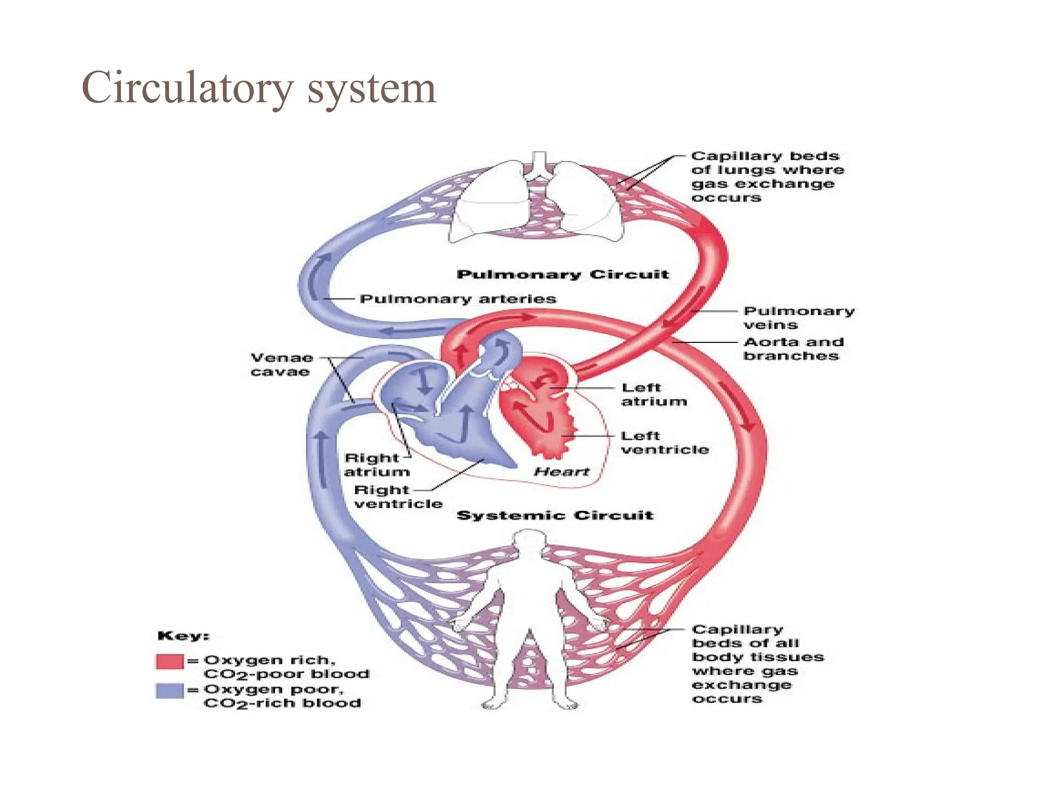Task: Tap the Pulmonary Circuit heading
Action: point(563,274)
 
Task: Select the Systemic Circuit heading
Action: point(555,515)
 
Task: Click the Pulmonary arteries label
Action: point(457,299)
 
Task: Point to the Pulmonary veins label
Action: point(798,318)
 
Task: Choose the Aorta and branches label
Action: point(793,349)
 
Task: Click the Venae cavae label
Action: point(281,365)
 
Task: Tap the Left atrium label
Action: point(653,394)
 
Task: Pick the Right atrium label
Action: point(376,465)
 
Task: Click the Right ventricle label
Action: point(398,497)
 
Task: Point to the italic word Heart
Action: point(561,472)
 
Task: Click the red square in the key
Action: point(169,661)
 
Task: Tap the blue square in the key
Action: point(169,691)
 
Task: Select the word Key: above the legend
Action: point(183,636)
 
